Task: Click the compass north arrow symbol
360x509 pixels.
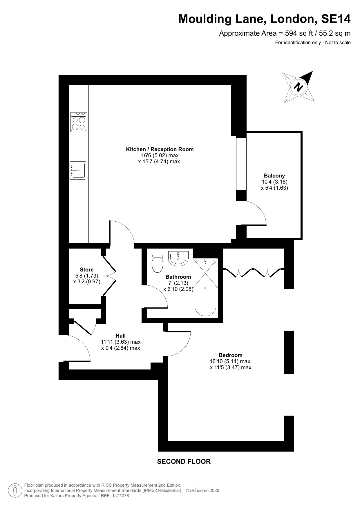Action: tap(299, 87)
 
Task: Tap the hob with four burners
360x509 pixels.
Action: tap(79, 122)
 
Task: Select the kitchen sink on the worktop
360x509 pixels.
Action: tap(78, 170)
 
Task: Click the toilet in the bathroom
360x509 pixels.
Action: tap(157, 263)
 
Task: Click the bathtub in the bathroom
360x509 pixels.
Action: tap(205, 287)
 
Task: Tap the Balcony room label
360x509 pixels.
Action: tap(274, 176)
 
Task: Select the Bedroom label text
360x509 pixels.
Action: tap(231, 355)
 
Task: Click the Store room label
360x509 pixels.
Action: tap(87, 270)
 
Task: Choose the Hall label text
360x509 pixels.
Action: tap(121, 336)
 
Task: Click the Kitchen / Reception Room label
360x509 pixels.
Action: tap(160, 149)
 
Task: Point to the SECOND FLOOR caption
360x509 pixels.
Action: tap(184, 461)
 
